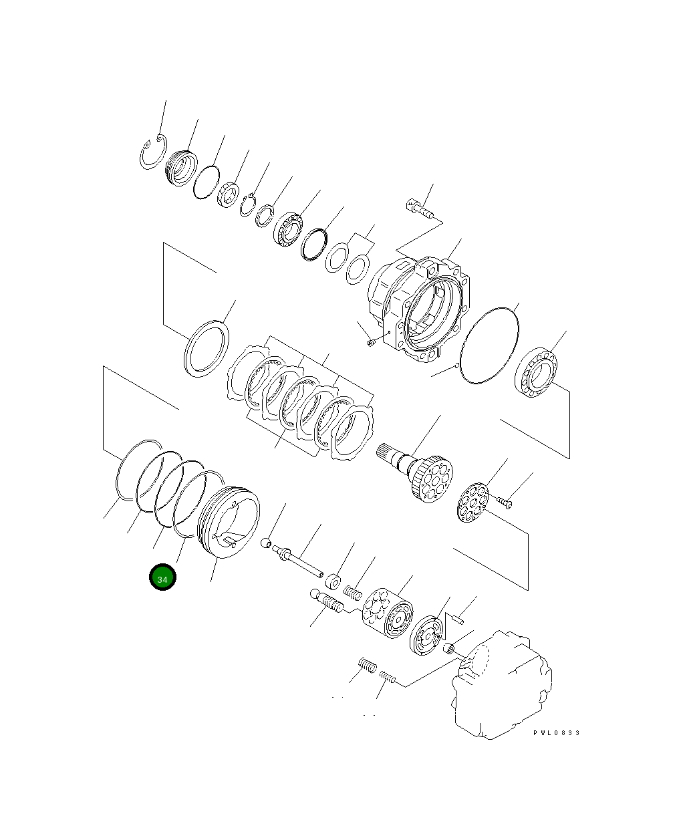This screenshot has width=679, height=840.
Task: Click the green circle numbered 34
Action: coord(162,578)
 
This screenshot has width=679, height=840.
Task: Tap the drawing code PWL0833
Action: coord(556,733)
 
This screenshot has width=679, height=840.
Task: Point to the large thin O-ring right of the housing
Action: coord(490,345)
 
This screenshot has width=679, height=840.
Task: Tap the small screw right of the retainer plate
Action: coord(504,501)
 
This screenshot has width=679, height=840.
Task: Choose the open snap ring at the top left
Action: coord(153,154)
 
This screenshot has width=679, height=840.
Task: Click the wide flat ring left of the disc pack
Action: coord(205,347)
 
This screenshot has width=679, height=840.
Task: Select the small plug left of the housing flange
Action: coord(371,343)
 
